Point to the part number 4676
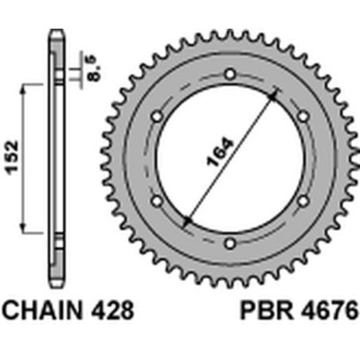pos(327,310)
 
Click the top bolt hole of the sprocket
pos(229,74)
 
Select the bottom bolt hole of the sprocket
pos(229,243)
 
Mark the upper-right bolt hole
pos(303,116)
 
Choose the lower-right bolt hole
pos(303,201)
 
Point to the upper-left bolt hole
pos(156,116)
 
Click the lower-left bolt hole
pos(156,201)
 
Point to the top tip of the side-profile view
pos(56,31)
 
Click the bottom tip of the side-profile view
pos(56,286)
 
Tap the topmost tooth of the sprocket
pos(229,33)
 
